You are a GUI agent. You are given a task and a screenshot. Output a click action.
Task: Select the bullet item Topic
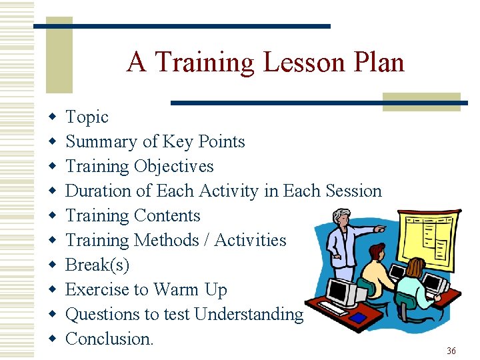87,117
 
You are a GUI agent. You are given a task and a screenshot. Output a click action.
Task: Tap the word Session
353,191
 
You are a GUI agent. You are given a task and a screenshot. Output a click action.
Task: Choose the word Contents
167,216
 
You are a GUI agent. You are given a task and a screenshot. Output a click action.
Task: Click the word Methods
167,241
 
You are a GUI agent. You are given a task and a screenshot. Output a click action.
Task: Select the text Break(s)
97,265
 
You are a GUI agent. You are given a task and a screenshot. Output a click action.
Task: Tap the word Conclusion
109,339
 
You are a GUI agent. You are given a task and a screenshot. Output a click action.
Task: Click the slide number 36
451,351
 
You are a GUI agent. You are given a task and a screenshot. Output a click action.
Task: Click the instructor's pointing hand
381,228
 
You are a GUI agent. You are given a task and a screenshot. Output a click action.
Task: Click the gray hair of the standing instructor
341,215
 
